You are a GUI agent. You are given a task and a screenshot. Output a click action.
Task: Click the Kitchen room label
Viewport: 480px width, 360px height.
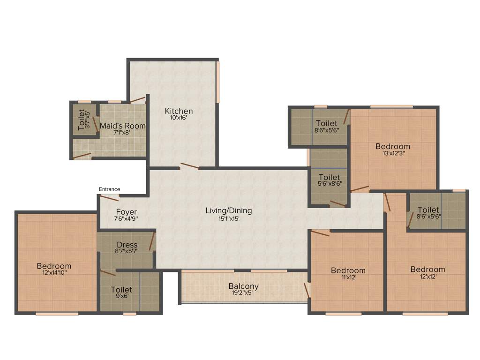pyautogui.click(x=179, y=111)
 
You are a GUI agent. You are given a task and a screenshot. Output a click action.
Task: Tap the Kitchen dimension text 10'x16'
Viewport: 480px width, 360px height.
pyautogui.click(x=179, y=118)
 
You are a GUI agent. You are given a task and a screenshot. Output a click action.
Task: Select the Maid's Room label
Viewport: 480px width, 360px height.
pyautogui.click(x=122, y=126)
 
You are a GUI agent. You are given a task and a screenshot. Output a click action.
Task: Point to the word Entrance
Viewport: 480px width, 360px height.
pyautogui.click(x=109, y=189)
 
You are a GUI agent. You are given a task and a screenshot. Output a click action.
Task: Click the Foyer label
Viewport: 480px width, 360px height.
pyautogui.click(x=127, y=212)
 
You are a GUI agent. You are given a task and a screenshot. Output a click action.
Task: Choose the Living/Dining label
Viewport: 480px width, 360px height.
pyautogui.click(x=229, y=210)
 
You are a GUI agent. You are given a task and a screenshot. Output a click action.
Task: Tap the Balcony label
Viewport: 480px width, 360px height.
pyautogui.click(x=243, y=286)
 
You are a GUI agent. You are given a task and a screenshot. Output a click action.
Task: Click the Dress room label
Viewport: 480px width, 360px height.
pyautogui.click(x=127, y=245)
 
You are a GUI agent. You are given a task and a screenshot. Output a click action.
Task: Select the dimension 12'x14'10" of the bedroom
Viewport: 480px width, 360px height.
pyautogui.click(x=54, y=273)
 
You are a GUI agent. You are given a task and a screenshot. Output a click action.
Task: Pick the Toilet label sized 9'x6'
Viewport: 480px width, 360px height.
pyautogui.click(x=121, y=290)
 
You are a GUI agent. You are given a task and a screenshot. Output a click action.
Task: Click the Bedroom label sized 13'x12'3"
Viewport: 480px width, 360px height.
pyautogui.click(x=392, y=147)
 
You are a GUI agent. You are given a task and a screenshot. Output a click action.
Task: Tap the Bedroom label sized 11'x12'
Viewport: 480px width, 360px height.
pyautogui.click(x=348, y=270)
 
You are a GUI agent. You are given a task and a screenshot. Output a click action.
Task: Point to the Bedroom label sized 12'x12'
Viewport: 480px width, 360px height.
pyautogui.click(x=427, y=270)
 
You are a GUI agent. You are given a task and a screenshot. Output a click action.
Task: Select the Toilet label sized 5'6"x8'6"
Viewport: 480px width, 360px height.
pyautogui.click(x=329, y=177)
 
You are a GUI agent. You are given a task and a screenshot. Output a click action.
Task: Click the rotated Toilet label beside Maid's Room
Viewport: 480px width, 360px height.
pyautogui.click(x=82, y=120)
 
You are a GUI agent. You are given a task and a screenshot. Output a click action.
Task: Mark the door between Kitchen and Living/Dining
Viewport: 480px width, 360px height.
pyautogui.click(x=189, y=166)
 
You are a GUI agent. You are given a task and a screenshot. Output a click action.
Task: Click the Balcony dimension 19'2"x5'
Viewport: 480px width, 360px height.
pyautogui.click(x=243, y=293)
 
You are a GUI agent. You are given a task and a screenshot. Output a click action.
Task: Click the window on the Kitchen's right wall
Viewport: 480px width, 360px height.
pyautogui.click(x=217, y=82)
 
